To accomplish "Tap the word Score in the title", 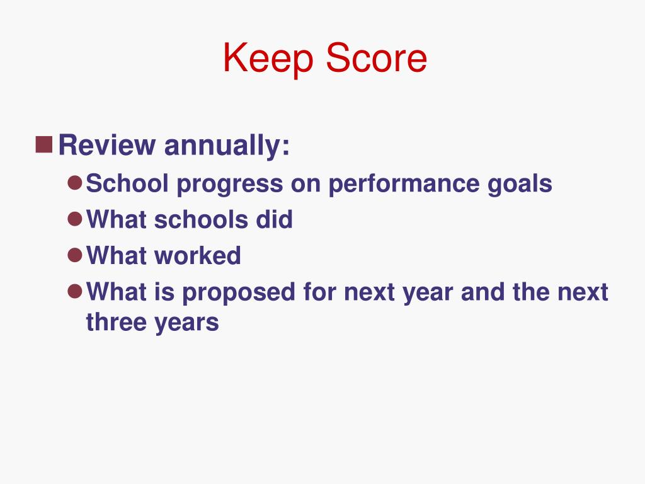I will tap(375, 59).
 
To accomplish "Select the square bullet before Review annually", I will tap(43, 146).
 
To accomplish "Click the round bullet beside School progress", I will tap(75, 183).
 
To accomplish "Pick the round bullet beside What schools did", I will tap(75, 219).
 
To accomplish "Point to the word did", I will tap(273, 220).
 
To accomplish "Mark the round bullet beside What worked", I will tap(75, 255).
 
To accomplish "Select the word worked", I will tap(198, 256).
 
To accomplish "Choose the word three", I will tap(115, 322).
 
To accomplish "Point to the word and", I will tap(481, 292).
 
